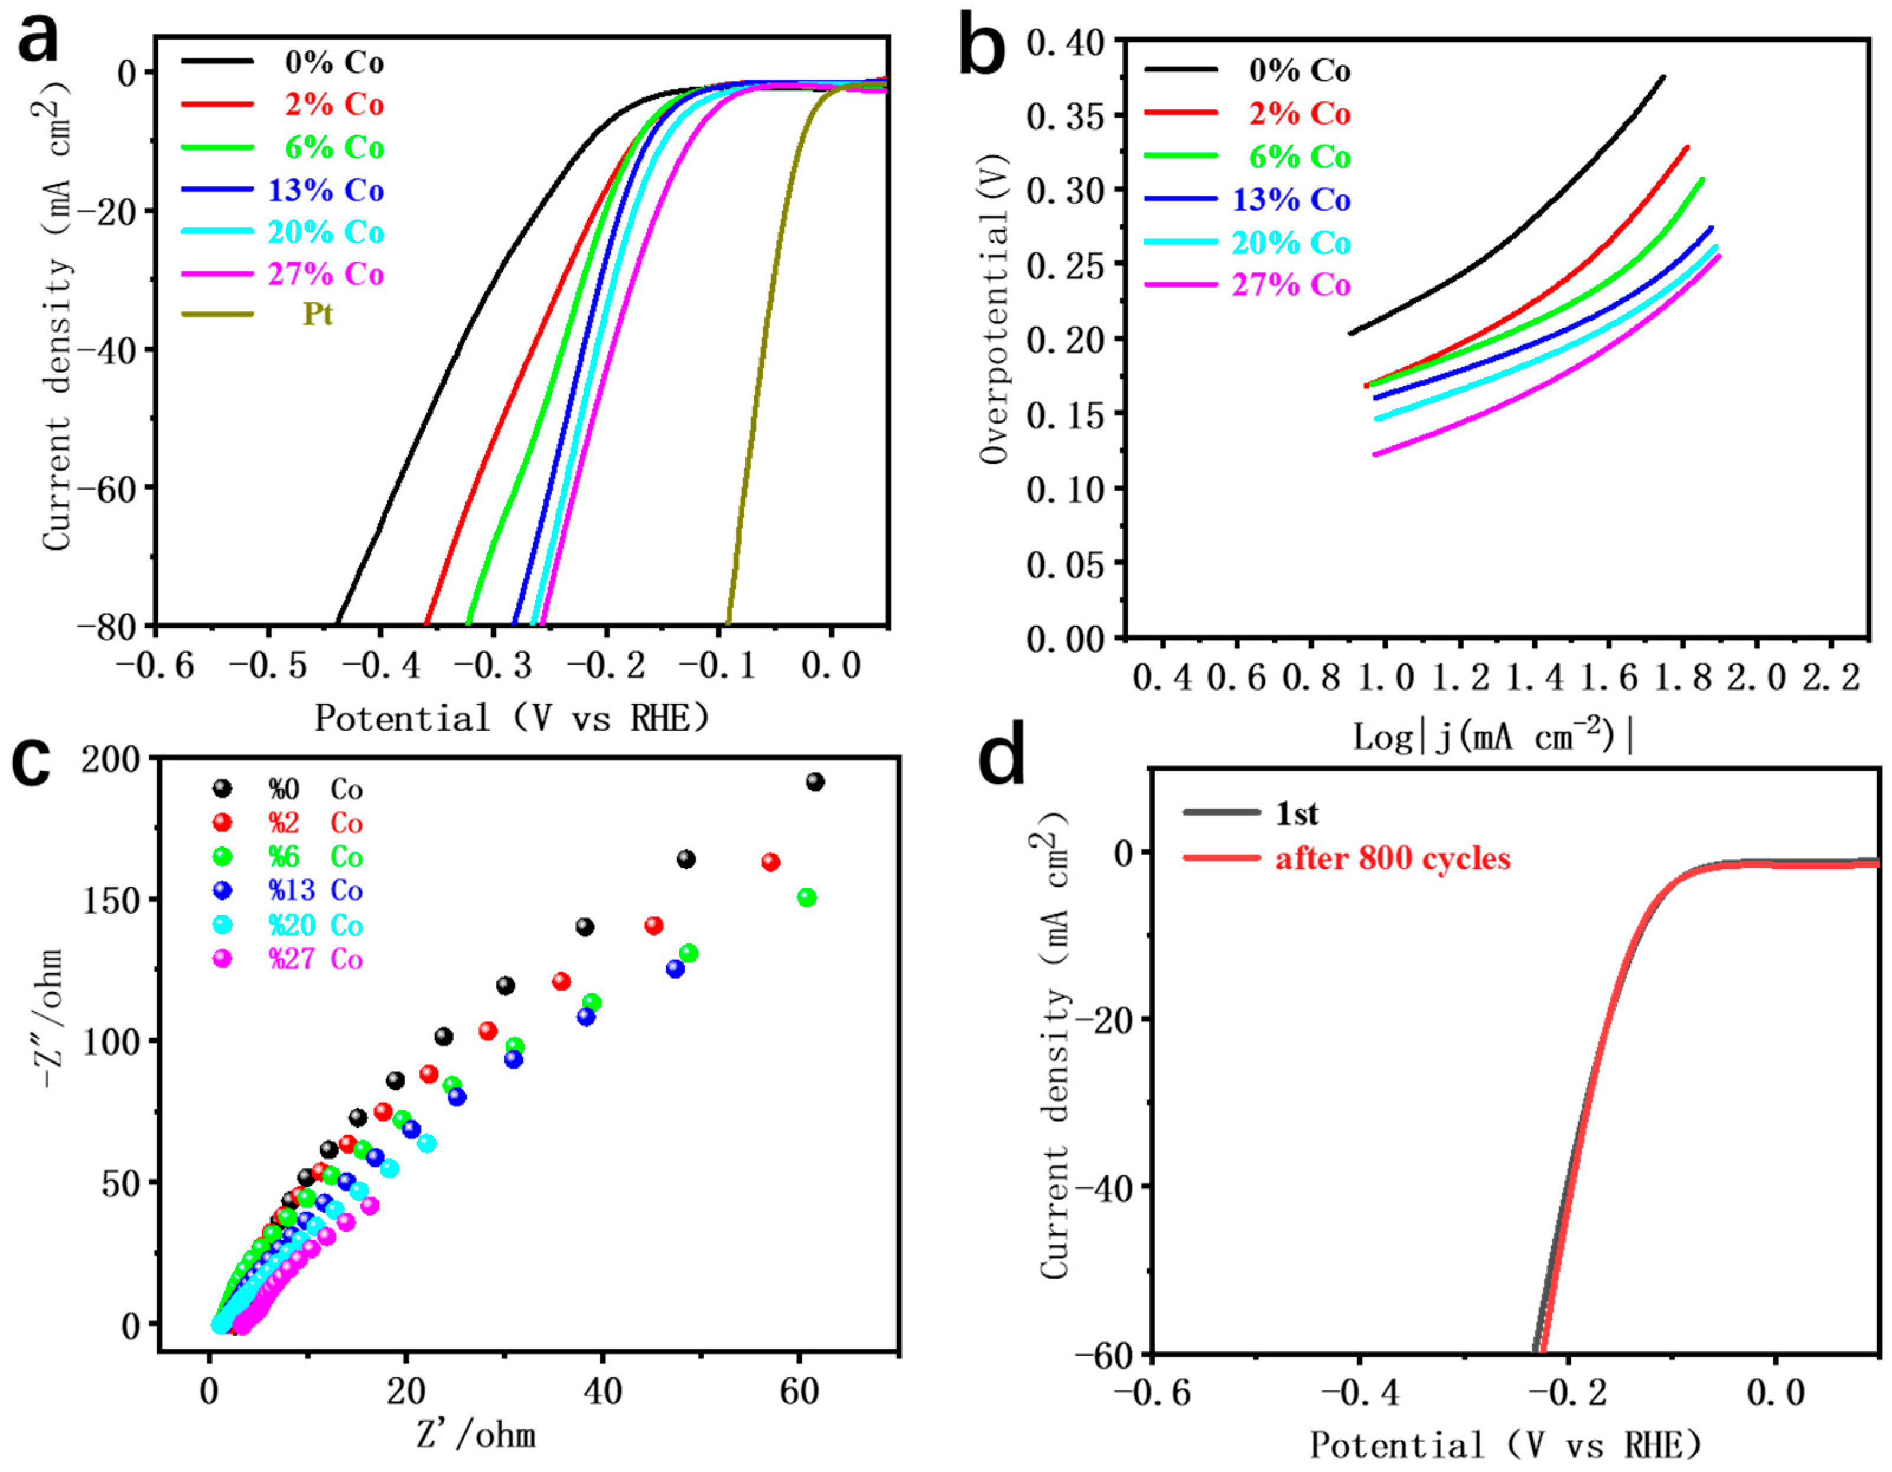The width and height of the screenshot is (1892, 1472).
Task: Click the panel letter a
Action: coord(38,39)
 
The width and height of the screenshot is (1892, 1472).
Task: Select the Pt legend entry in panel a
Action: coord(317,314)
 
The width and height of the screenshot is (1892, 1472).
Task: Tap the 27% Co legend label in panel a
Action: coord(325,273)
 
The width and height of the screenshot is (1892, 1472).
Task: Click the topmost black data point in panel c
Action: coord(815,781)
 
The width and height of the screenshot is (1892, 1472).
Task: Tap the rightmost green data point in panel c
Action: coord(806,898)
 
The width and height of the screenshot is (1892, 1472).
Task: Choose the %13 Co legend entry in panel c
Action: coord(314,891)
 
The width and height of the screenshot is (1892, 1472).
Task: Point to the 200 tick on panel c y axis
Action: coord(111,760)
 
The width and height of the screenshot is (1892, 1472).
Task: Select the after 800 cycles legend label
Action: coord(1392,859)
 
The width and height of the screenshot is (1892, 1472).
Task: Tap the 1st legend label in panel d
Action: coord(1296,813)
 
